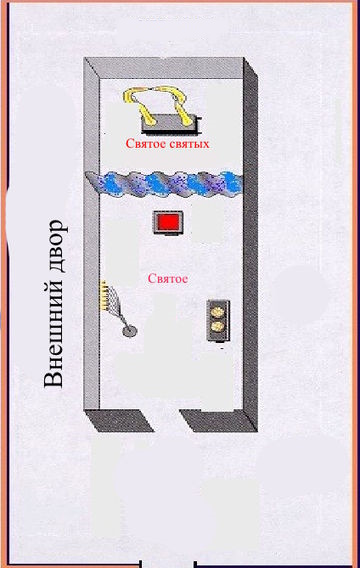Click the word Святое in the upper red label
(143, 144)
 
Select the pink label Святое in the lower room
(168, 279)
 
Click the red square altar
(168, 222)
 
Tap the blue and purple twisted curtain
(164, 184)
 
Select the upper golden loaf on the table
(218, 311)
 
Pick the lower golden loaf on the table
(218, 327)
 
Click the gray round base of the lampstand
(129, 330)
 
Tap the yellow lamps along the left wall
(103, 295)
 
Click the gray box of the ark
(169, 123)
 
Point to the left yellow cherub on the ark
(139, 104)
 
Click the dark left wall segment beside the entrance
(120, 421)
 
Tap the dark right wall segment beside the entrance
(218, 421)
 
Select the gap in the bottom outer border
(168, 564)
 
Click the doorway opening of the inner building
(167, 420)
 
